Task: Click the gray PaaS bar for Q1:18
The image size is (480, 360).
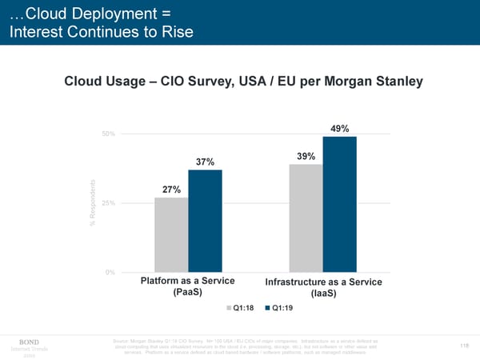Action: click(x=171, y=234)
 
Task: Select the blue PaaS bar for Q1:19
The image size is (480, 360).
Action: click(x=205, y=221)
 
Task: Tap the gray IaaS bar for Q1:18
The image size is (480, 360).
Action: click(x=306, y=218)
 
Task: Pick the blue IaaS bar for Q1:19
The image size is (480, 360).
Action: click(x=339, y=204)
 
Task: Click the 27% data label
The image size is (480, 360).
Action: click(x=171, y=190)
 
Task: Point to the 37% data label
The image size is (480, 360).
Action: click(x=205, y=162)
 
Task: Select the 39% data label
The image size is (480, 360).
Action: click(x=306, y=156)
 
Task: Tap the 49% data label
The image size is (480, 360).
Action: click(x=339, y=128)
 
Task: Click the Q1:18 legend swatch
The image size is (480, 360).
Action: click(x=228, y=308)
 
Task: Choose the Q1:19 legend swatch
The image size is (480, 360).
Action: click(x=267, y=308)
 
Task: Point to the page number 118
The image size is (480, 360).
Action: click(x=464, y=346)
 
